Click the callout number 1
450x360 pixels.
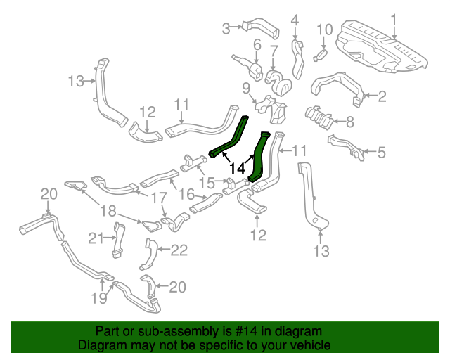tap(394, 19)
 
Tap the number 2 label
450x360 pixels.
tap(382, 96)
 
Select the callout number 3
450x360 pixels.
tap(226, 29)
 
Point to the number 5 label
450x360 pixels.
tap(382, 151)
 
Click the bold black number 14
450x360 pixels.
tap(238, 169)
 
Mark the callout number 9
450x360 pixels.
tap(246, 88)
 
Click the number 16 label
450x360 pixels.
tap(186, 193)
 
